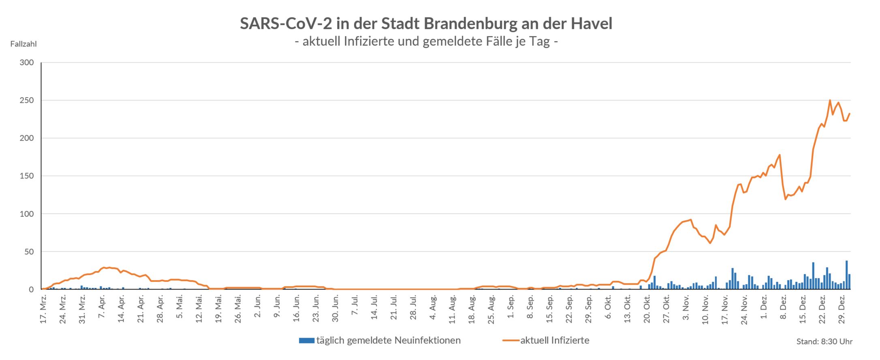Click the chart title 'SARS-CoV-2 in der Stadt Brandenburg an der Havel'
pos(426,23)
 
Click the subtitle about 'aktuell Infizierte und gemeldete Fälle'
pos(426,42)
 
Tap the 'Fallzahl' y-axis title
pos(23,44)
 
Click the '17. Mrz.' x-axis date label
pos(44,310)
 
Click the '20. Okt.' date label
pos(647,310)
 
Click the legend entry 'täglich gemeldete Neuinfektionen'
pos(388,341)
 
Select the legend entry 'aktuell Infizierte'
pos(555,341)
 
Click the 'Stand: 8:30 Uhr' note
pos(824,342)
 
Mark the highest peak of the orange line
pos(830,100)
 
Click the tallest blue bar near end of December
pos(846,275)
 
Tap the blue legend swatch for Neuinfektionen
pos(307,341)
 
